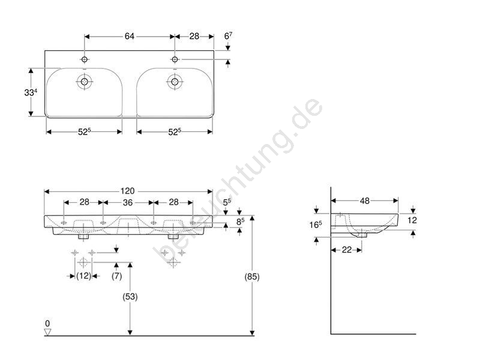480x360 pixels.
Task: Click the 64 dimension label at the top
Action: coord(129,36)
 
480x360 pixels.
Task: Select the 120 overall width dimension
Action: coord(127,191)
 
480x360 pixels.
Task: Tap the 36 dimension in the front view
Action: coord(128,202)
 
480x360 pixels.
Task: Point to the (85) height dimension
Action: coord(252,277)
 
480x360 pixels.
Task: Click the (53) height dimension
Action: coord(130,296)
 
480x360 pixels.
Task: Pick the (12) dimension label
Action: coord(83,276)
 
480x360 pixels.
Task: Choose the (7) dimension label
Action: coord(116,276)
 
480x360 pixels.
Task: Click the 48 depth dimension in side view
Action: coord(365,201)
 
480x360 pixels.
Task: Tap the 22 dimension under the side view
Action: coord(347,250)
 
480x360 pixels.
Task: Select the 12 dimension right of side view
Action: coord(412,220)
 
